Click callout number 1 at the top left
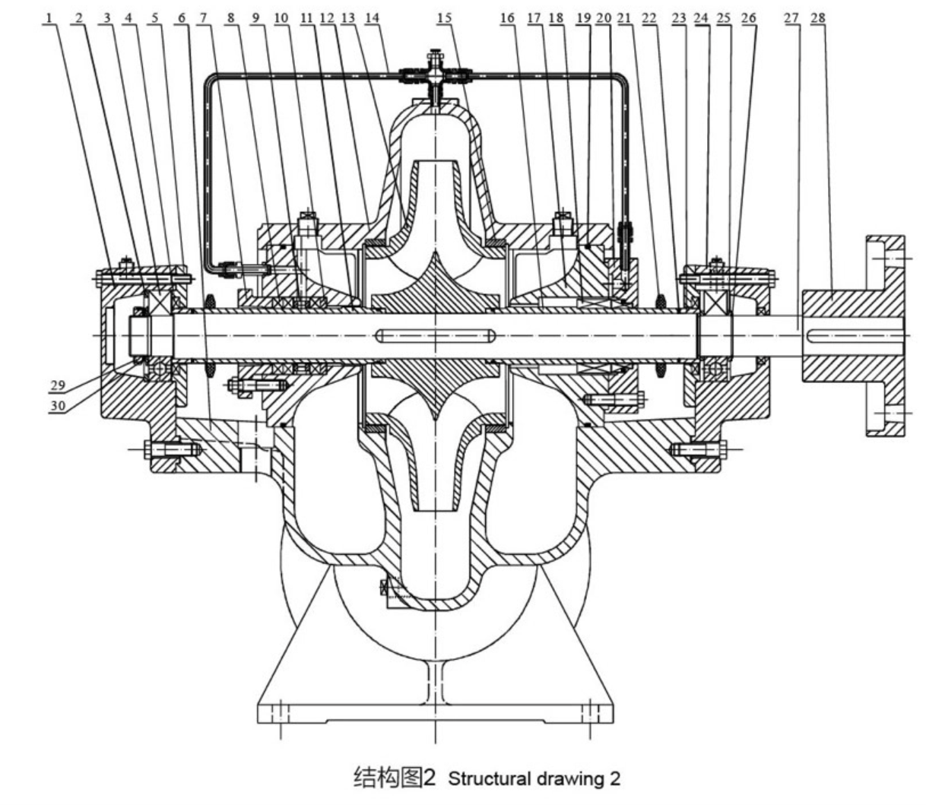click(x=49, y=18)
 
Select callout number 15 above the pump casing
click(x=444, y=18)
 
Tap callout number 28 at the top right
click(x=818, y=18)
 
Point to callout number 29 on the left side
click(x=58, y=385)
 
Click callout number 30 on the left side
click(x=58, y=406)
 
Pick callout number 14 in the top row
click(x=372, y=18)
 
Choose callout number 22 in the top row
click(x=649, y=18)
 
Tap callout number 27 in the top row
click(x=791, y=18)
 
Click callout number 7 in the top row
click(x=203, y=18)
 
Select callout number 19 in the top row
click(x=584, y=18)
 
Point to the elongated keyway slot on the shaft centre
click(x=436, y=336)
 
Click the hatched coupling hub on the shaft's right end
click(x=854, y=336)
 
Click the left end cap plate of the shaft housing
click(x=107, y=336)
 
